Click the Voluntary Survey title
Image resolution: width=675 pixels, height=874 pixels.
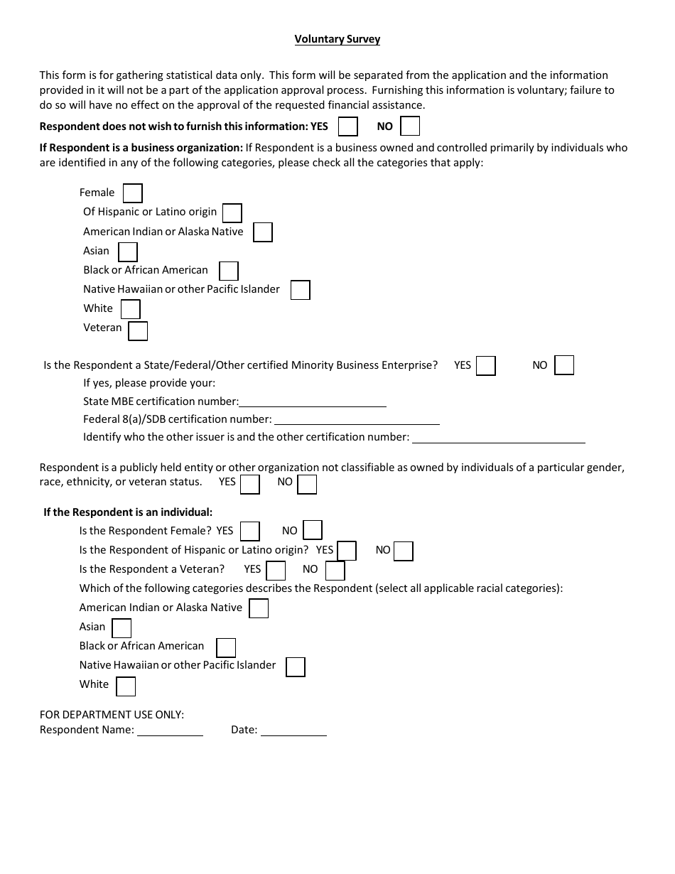pyautogui.click(x=337, y=40)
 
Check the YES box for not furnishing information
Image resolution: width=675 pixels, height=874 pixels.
pyautogui.click(x=347, y=126)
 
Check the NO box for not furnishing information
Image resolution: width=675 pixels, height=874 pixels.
pyautogui.click(x=410, y=126)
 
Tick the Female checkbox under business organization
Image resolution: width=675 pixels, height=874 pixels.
pyautogui.click(x=133, y=193)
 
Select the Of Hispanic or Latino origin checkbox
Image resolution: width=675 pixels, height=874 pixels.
pyautogui.click(x=232, y=213)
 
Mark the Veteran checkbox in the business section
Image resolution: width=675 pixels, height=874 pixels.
pyautogui.click(x=138, y=331)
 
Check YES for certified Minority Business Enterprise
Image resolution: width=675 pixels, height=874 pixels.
pyautogui.click(x=486, y=366)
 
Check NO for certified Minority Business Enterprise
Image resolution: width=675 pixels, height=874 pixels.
pyautogui.click(x=564, y=365)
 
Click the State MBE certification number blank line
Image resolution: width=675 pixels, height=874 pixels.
pyautogui.click(x=313, y=402)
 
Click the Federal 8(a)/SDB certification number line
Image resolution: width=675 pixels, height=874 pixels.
pyautogui.click(x=356, y=420)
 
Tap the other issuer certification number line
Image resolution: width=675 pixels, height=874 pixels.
pyautogui.click(x=498, y=438)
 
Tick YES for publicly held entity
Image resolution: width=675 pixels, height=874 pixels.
pyautogui.click(x=250, y=485)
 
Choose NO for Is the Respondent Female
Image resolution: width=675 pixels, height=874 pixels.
pyautogui.click(x=313, y=530)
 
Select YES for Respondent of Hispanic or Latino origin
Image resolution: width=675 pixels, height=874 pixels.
pyautogui.click(x=347, y=551)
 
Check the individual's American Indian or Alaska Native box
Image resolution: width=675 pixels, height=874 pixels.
pyautogui.click(x=259, y=609)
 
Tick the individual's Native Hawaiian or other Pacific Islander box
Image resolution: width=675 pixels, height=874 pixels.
pyautogui.click(x=296, y=667)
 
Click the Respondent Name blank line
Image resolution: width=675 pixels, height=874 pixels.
pyautogui.click(x=170, y=731)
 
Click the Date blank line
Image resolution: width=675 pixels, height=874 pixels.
pyautogui.click(x=293, y=731)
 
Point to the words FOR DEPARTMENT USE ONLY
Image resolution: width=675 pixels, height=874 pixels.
pyautogui.click(x=112, y=715)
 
